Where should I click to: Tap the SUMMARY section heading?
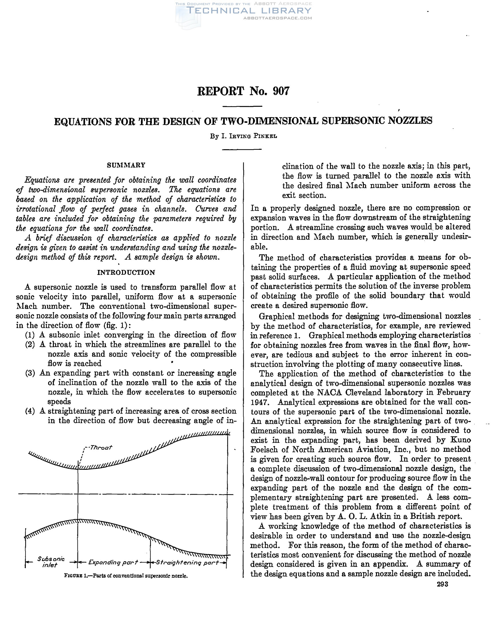click(x=126, y=165)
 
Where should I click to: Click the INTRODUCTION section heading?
click(x=126, y=272)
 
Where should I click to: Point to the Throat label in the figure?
click(x=100, y=447)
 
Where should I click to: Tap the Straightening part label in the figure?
click(x=188, y=562)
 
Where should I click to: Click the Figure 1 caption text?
click(x=126, y=576)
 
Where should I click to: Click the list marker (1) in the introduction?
click(x=30, y=335)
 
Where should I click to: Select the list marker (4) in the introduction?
click(x=30, y=411)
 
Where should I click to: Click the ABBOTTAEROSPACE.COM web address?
click(x=277, y=18)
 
